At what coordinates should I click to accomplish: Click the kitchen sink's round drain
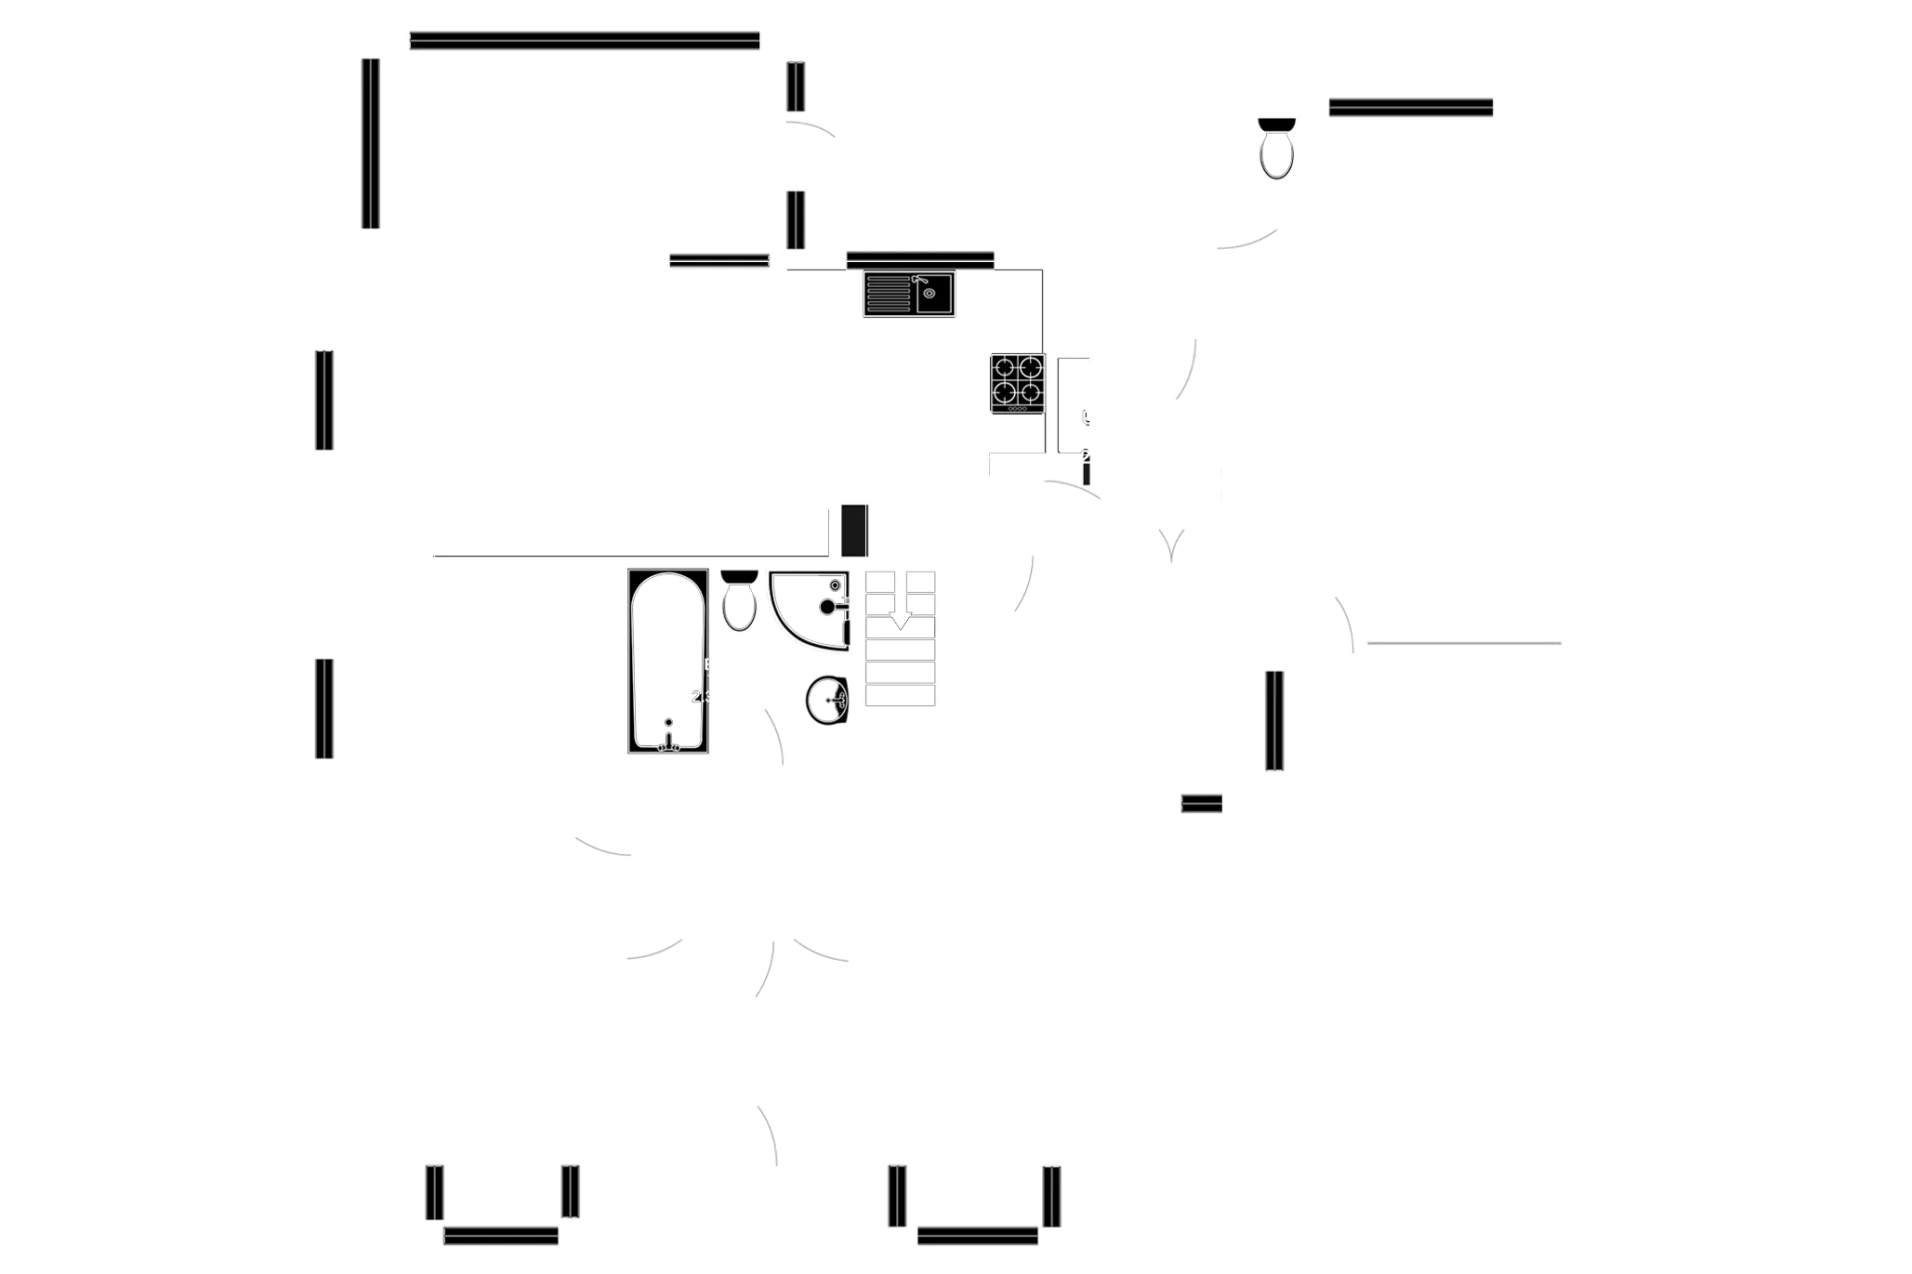pos(930,294)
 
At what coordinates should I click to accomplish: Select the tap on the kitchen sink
pos(919,279)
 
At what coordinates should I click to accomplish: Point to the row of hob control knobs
pos(1017,409)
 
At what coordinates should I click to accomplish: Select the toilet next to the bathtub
pos(739,603)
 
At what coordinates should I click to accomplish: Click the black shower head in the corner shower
pos(827,607)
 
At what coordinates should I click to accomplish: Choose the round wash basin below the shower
pos(826,700)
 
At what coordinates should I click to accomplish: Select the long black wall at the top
pos(584,41)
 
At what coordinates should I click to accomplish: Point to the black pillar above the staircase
pos(854,531)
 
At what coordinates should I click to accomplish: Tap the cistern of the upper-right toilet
pos(1276,124)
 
